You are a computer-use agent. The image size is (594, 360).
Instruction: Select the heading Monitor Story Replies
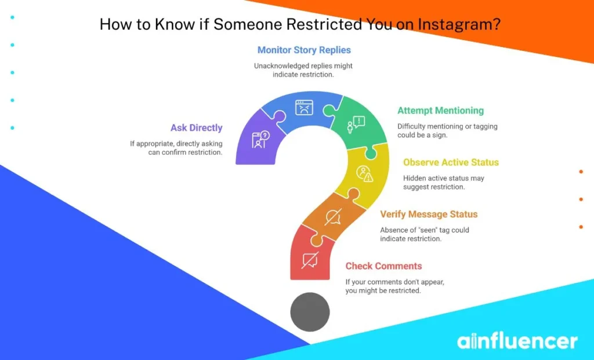coord(304,50)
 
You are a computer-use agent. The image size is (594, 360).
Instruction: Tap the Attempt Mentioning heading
coord(440,111)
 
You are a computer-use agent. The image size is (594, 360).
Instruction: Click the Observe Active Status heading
coord(451,162)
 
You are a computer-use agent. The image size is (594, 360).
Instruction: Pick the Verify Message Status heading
coord(429,214)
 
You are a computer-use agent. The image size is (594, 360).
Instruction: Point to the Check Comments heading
coord(383,266)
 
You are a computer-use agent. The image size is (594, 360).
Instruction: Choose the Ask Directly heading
coord(196,128)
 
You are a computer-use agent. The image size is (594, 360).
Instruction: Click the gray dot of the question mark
coord(310,312)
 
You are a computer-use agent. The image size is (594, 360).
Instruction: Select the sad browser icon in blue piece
coord(304,108)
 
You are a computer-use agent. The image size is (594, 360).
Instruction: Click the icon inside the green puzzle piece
coord(354,123)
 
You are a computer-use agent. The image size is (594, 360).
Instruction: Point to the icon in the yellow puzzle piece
coord(364,173)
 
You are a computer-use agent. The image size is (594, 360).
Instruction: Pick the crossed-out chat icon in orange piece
coord(332,217)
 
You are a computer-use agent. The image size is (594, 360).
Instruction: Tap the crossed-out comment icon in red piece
coord(310,260)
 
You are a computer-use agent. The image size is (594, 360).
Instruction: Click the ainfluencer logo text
coord(517,341)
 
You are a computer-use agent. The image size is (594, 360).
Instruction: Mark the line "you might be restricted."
coord(383,290)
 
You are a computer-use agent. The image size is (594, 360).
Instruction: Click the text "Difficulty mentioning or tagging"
coord(447,126)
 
